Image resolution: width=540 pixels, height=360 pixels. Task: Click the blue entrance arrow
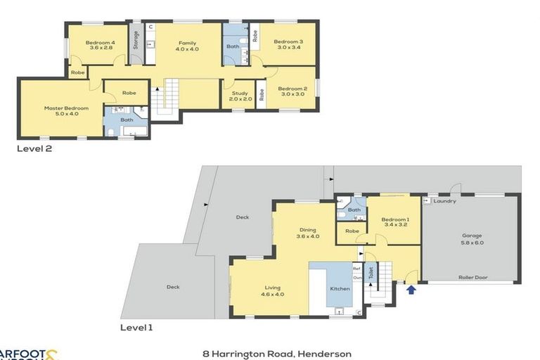coord(411,287)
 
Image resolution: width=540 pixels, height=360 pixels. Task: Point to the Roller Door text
coord(474,278)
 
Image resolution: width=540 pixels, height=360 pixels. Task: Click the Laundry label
coord(444,201)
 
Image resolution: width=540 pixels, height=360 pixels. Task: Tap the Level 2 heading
coord(35,148)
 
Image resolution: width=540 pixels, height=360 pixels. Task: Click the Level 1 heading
coord(136,327)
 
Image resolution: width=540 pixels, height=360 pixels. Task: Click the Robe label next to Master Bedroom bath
coord(129,93)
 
